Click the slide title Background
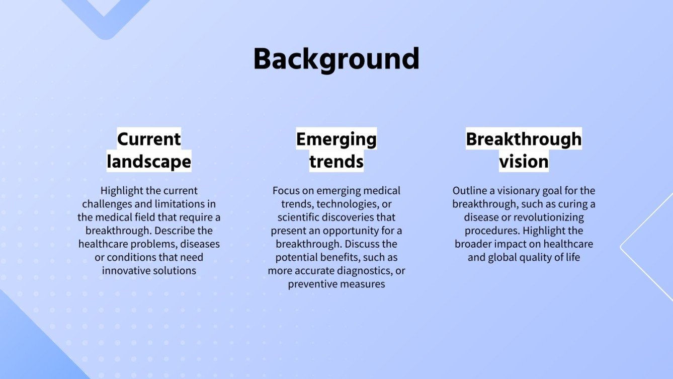point(336,59)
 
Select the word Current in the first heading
point(149,139)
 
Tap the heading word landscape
point(149,162)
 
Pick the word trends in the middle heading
point(336,162)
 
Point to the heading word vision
point(524,162)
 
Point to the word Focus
point(283,191)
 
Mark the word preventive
point(311,284)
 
